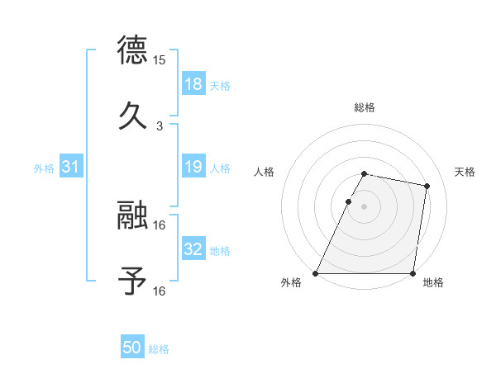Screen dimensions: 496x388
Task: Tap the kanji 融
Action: tap(133, 215)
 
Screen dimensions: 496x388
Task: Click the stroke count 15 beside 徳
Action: tap(160, 60)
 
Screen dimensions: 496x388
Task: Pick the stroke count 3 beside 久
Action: tap(160, 126)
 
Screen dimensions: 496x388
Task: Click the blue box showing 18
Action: tap(193, 83)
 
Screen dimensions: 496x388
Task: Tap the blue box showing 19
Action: tap(193, 167)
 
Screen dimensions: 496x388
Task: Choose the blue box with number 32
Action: tap(193, 248)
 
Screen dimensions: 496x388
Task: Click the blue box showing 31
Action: tap(70, 167)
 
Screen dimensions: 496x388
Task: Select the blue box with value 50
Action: tap(132, 348)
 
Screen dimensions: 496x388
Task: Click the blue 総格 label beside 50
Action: tap(159, 349)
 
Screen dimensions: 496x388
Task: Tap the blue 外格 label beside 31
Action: tap(44, 168)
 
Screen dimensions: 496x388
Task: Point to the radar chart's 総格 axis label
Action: tap(365, 107)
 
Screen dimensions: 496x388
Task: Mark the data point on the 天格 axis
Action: tap(427, 187)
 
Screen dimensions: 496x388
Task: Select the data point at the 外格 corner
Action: tap(316, 273)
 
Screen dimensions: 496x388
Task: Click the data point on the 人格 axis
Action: tap(349, 201)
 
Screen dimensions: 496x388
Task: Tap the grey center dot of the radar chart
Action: tap(365, 206)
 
